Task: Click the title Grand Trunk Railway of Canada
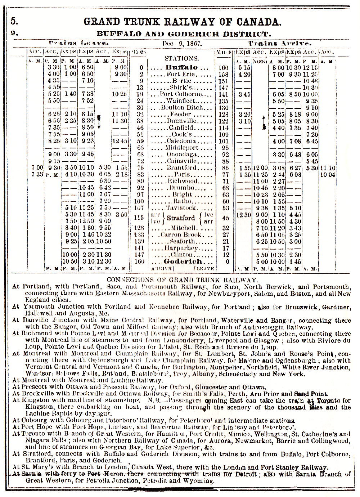pyautogui.click(x=182, y=22)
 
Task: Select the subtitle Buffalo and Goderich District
pyautogui.click(x=184, y=34)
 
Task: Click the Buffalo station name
pyautogui.click(x=181, y=67)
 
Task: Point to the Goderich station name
pyautogui.click(x=183, y=261)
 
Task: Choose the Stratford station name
pyautogui.click(x=181, y=218)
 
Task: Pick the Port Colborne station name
pyautogui.click(x=181, y=94)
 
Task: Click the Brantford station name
pyautogui.click(x=181, y=168)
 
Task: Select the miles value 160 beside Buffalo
pyautogui.click(x=223, y=67)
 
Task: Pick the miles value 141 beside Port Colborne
pyautogui.click(x=223, y=94)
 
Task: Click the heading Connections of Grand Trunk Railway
pyautogui.click(x=182, y=280)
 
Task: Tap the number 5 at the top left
pyautogui.click(x=14, y=21)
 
